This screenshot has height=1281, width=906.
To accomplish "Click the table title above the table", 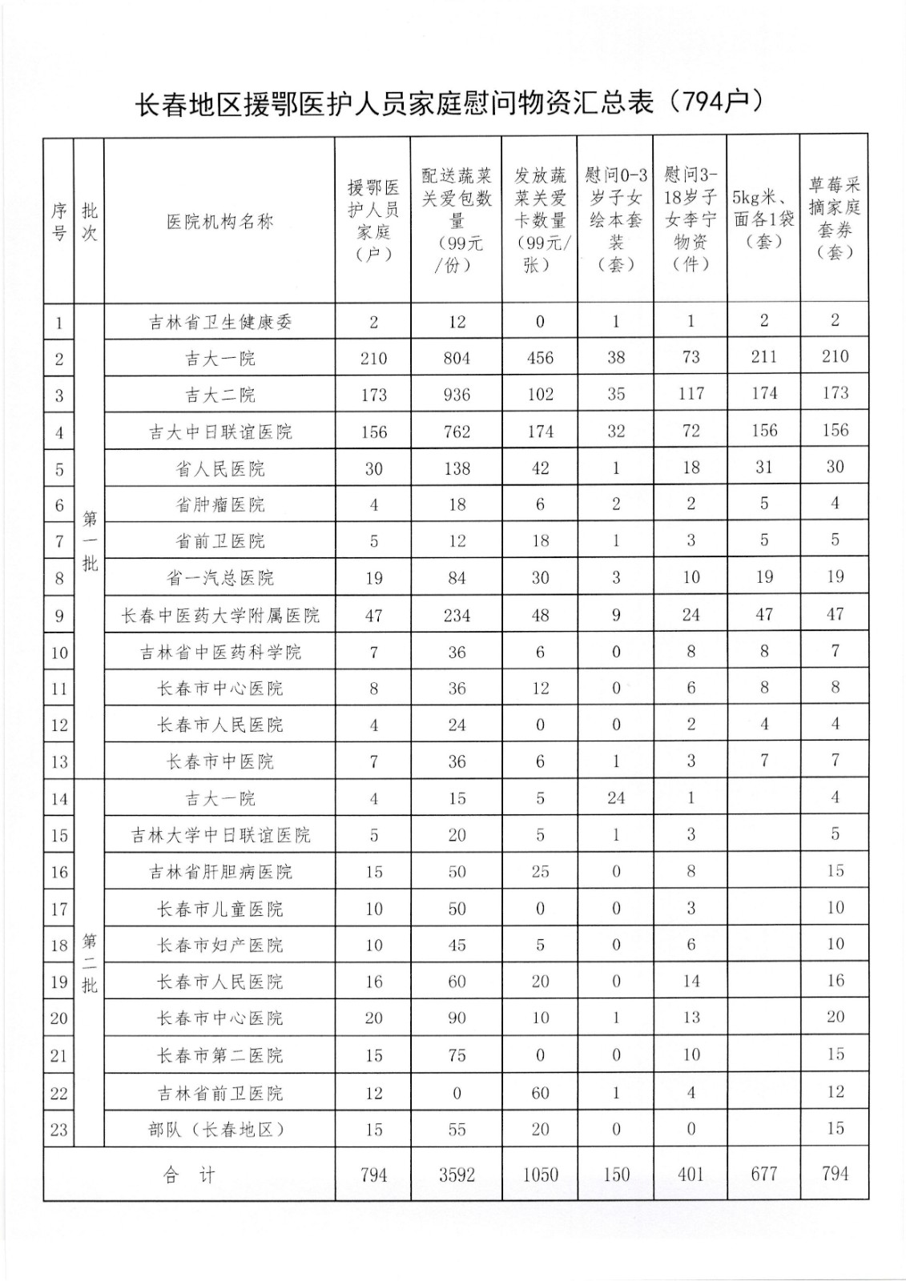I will pos(449,102).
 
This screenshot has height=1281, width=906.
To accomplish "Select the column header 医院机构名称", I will pos(219,221).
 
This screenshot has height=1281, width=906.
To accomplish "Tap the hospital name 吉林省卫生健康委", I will pos(219,322).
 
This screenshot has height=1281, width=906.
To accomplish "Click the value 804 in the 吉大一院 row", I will pos(457,358).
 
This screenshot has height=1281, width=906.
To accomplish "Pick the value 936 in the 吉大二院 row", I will pos(457,395).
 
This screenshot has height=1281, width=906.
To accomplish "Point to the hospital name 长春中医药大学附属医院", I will pos(219,615).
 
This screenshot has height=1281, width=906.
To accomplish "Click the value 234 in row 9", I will pos(457,615).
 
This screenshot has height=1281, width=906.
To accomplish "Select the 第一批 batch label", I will pos(89,541).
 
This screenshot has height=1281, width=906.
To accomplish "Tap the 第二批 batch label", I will pos(89,962).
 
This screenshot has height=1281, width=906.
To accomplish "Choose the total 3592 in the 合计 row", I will pos(457,1175).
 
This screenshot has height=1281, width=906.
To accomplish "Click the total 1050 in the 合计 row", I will pos(540,1175).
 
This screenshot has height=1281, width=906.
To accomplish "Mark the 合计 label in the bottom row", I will pos(189,1175).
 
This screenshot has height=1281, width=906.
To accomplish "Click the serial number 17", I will pos(58,910).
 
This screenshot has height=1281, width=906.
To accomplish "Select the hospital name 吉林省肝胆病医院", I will pos(219,872).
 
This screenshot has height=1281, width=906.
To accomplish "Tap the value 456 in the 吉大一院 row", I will pos(540,358).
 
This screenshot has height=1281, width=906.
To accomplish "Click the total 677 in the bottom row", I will pos(763,1174).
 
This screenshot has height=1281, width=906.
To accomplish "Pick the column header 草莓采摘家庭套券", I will pos(834,219).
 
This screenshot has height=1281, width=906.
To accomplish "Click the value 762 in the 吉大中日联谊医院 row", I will pos(457,432).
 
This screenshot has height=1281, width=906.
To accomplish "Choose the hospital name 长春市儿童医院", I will pos(219,909).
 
